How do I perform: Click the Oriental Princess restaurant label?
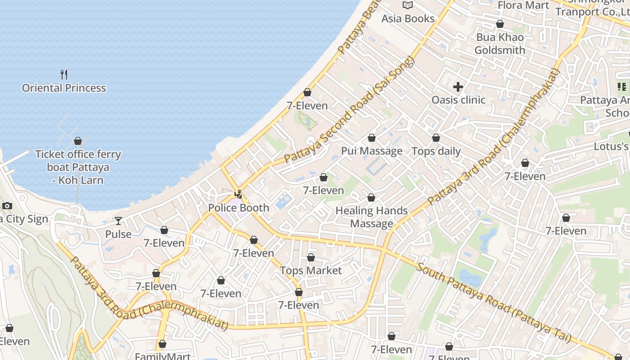[64, 88]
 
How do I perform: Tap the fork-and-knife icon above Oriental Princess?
[64, 74]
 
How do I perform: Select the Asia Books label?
[408, 18]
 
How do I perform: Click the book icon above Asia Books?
[408, 5]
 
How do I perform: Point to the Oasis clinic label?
[458, 100]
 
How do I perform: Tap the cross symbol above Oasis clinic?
[458, 87]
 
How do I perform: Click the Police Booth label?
[238, 208]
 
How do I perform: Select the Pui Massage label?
[372, 151]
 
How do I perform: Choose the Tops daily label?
[436, 151]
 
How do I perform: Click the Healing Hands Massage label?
[372, 217]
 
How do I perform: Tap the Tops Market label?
[311, 270]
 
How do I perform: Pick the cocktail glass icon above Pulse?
[118, 221]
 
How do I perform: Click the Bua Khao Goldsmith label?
[500, 44]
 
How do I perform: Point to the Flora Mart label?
[523, 5]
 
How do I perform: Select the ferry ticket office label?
[78, 167]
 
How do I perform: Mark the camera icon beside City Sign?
[7, 206]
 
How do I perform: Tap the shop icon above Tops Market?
[311, 257]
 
